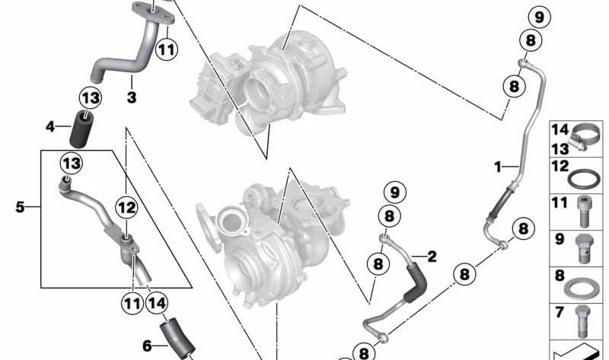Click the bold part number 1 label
[498, 167]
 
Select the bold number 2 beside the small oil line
[432, 256]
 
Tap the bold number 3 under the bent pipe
[132, 97]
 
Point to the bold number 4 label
[50, 126]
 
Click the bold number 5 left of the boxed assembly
[20, 207]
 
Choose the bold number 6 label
[147, 346]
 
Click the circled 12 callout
[126, 208]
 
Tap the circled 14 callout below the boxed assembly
[157, 303]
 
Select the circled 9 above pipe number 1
[540, 18]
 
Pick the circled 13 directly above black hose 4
[91, 98]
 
